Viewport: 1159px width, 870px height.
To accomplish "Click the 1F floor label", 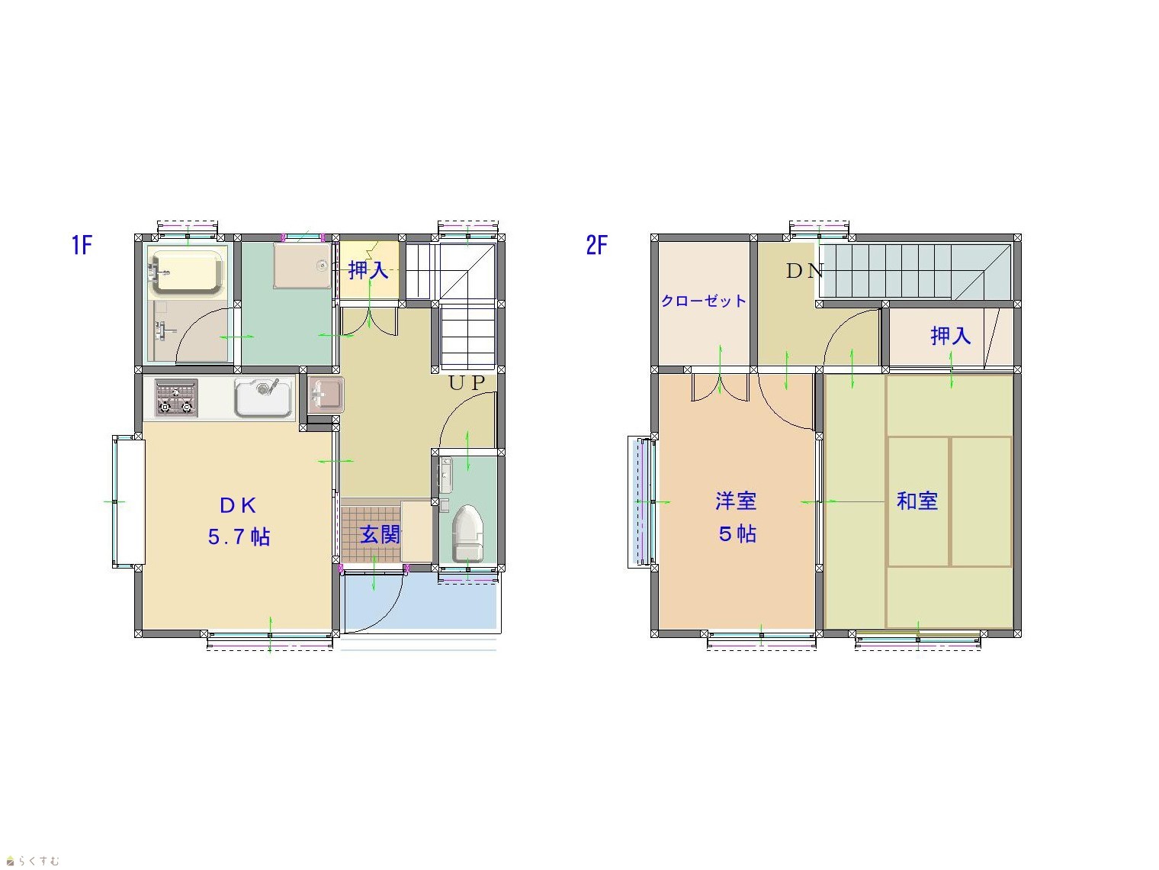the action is coord(82,245).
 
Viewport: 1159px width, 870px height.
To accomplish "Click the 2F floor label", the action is coord(597,245).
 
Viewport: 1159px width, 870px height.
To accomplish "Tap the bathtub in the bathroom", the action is coord(186,272).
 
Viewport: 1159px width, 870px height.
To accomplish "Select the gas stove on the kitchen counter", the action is coord(176,398).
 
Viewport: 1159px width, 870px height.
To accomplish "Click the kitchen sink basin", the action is coord(264,398).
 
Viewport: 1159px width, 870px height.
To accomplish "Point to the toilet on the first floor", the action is coord(468,533).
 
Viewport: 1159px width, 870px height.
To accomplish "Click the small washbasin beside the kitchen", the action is coord(326,394).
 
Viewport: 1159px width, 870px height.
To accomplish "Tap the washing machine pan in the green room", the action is coord(302,266).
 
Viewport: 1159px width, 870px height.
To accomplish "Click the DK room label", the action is coord(238,506).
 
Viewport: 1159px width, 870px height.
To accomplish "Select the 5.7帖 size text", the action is coord(239,536).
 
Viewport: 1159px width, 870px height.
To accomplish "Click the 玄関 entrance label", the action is coord(380,534).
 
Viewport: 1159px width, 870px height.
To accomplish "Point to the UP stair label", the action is coord(467,384).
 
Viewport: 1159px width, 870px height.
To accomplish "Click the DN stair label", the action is coord(804,271).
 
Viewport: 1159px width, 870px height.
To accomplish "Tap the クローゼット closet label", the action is coord(704,301).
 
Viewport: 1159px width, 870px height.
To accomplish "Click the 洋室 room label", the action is coord(736,501).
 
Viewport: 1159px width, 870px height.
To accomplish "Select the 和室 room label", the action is coord(917,501).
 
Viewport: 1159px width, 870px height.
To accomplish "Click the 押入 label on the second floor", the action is coord(950,336).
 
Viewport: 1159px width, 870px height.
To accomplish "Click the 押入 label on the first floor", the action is coord(368,270).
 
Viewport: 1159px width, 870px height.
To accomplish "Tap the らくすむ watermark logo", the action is coord(33,861).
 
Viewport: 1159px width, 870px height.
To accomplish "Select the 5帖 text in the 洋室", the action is coord(737,534).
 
